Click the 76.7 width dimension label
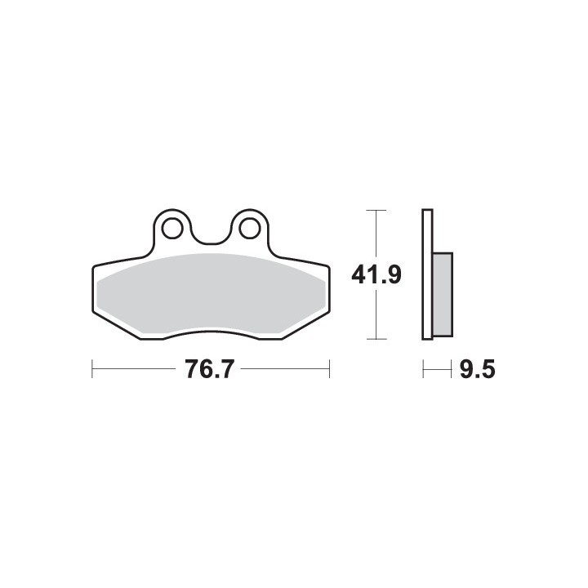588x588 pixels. coord(209,369)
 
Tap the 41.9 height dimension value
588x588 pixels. coord(376,275)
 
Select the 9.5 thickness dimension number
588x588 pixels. coord(477,369)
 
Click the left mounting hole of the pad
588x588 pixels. coord(173,228)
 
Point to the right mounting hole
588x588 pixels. coord(249,228)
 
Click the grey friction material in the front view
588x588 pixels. coord(212,294)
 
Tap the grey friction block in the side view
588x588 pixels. coord(443,294)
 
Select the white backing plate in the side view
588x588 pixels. coord(427,274)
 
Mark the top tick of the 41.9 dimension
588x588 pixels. coord(376,211)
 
